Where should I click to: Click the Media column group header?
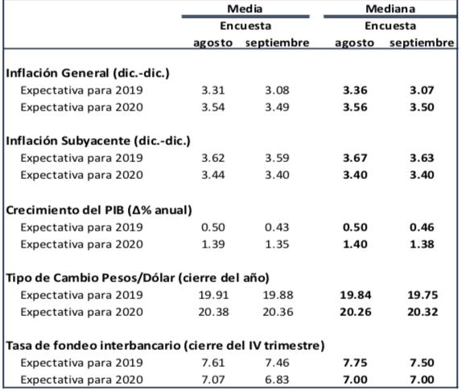tap(245, 9)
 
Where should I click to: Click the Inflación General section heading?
tap(88, 73)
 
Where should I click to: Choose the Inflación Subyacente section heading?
tap(98, 141)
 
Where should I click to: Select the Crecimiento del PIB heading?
tap(98, 210)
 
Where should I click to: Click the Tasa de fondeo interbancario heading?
tap(165, 346)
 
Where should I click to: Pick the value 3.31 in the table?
tap(212, 90)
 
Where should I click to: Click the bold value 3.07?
tap(422, 90)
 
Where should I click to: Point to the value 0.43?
tap(278, 227)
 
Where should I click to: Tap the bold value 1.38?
tap(422, 243)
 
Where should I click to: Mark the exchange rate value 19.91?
tap(211, 295)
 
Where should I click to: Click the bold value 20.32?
tap(420, 312)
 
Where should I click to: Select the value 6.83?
tap(278, 380)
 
